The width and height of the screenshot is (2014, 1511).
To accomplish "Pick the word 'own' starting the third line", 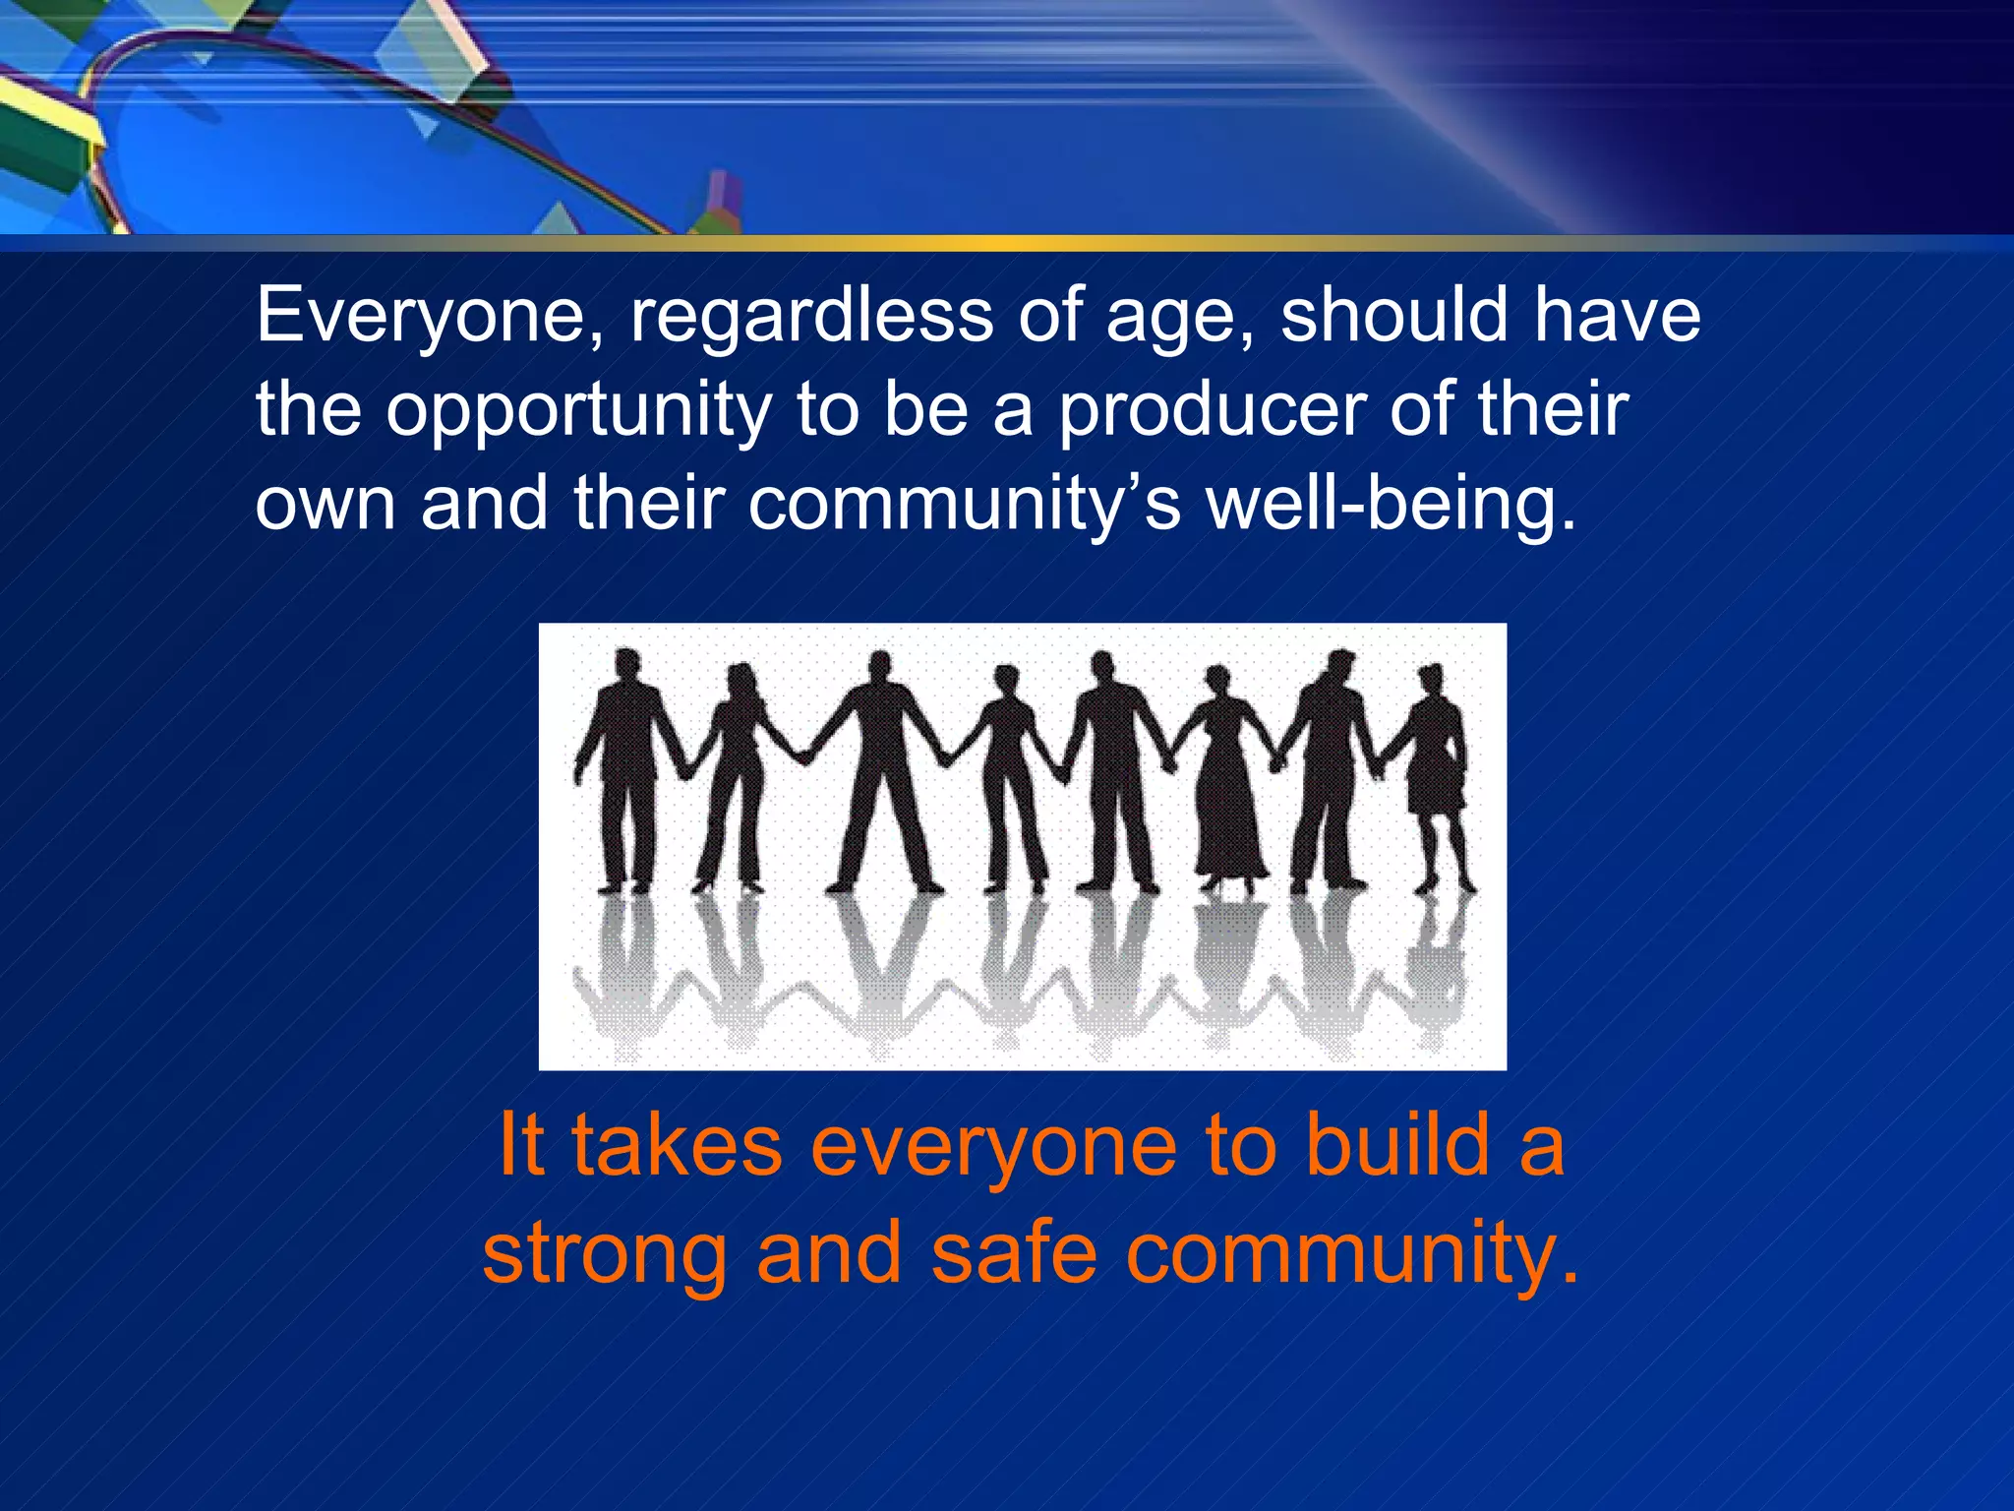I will coord(326,505).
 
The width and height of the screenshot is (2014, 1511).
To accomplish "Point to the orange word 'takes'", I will coord(677,1146).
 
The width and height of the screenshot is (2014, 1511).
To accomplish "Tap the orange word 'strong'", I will coord(605,1255).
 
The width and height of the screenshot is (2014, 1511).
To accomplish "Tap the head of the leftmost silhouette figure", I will coord(625,664).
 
